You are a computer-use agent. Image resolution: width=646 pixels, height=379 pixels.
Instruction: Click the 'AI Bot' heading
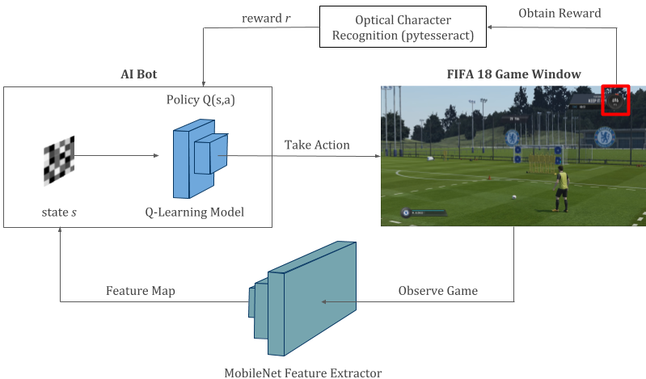coord(138,74)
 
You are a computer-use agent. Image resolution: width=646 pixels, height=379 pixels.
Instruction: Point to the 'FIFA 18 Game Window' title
coord(513,74)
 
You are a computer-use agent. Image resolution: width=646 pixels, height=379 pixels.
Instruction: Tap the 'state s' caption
coord(60,212)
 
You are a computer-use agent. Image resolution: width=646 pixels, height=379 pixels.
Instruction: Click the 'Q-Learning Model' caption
coord(195,212)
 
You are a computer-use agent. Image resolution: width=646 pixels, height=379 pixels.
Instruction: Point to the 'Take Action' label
coord(317,145)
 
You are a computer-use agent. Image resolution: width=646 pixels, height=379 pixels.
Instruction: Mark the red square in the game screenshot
coord(615,100)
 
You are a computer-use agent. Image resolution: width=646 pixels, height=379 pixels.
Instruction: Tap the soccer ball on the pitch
coord(513,196)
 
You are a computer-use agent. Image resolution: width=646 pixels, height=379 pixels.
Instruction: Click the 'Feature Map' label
coord(141,290)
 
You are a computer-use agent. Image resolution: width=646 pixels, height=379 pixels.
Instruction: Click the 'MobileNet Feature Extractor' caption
coord(302,373)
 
